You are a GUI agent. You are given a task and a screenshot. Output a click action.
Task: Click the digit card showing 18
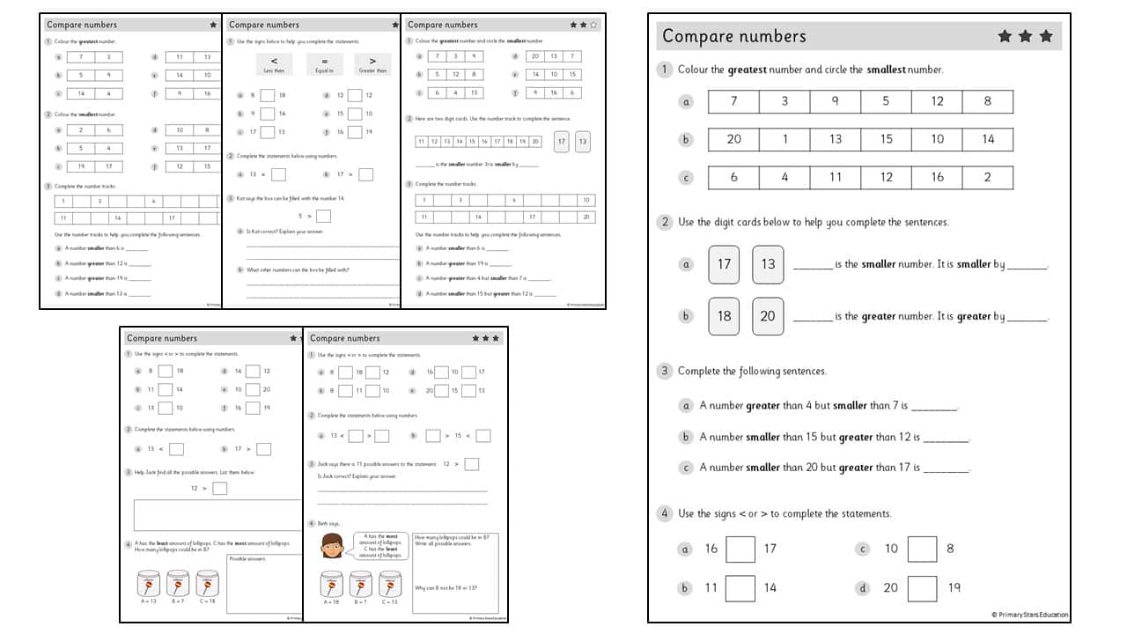(x=724, y=315)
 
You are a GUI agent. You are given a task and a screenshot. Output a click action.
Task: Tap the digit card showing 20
(x=768, y=315)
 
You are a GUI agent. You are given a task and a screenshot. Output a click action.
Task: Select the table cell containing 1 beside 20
(x=784, y=139)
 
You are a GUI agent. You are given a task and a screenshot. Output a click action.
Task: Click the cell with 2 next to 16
(x=987, y=177)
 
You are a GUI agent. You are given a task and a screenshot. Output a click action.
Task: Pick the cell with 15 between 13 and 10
(x=886, y=139)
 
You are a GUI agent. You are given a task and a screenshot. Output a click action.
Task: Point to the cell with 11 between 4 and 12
(x=836, y=177)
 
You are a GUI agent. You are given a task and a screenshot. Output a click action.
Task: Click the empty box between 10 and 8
(x=922, y=549)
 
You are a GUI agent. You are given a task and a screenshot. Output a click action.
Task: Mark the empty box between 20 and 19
(x=922, y=587)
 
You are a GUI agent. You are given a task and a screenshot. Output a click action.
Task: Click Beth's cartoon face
(x=332, y=546)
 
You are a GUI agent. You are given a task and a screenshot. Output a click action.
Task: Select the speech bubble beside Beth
(x=380, y=545)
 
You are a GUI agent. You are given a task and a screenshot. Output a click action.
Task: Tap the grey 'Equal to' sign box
(x=325, y=63)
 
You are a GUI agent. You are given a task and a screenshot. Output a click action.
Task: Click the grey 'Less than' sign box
(x=274, y=63)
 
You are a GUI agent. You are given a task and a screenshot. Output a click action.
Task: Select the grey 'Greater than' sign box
(x=372, y=63)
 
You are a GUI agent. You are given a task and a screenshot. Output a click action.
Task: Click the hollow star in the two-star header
(x=593, y=25)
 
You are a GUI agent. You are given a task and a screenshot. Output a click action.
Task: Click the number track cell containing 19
(x=523, y=141)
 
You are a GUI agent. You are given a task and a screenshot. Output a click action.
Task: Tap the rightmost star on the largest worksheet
(x=1046, y=36)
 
